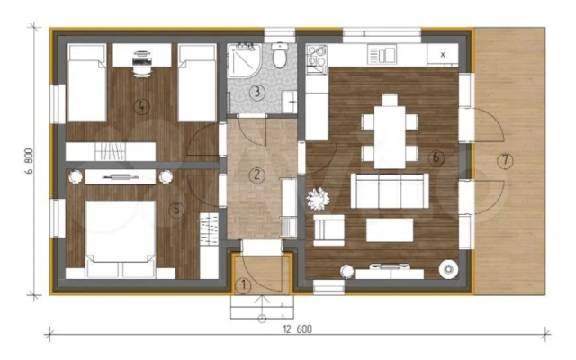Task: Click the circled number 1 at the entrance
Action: click(243, 286)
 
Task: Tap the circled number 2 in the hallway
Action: click(256, 175)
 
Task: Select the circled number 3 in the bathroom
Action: click(257, 92)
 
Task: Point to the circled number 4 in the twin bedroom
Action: click(142, 106)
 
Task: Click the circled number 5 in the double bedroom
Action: click(176, 210)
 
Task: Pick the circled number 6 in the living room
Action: click(436, 157)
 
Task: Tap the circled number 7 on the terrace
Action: click(505, 160)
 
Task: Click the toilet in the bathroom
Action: click(280, 55)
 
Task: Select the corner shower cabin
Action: click(244, 60)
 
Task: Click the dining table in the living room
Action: click(390, 137)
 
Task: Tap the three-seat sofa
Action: click(390, 191)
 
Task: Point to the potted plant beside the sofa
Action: click(318, 199)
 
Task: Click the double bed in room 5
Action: click(120, 238)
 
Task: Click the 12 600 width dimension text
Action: click(298, 328)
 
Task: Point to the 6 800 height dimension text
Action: click(30, 161)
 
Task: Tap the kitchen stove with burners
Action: click(317, 55)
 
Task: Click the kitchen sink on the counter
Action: click(382, 55)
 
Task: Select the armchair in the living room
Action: click(329, 230)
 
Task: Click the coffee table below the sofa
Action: click(390, 230)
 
